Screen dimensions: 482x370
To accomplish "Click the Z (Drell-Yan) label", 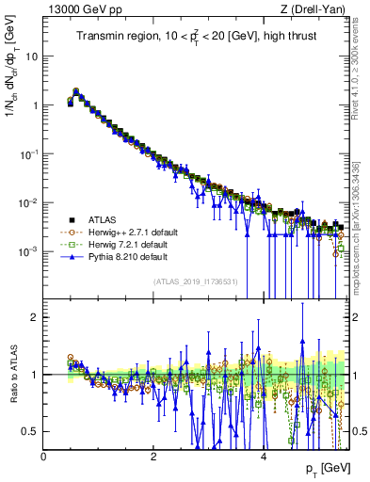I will click(314, 9).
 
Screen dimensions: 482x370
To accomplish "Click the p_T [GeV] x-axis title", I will click(328, 468).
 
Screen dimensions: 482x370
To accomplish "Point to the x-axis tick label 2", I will click(153, 456).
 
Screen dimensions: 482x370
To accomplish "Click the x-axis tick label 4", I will click(263, 456).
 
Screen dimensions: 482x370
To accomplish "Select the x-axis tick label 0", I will click(44, 456).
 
